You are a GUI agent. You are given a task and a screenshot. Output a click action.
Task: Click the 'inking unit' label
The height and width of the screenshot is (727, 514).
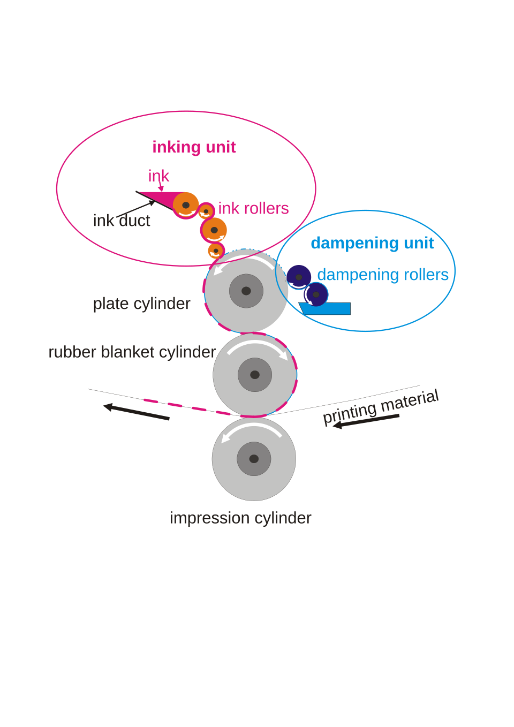click(x=194, y=147)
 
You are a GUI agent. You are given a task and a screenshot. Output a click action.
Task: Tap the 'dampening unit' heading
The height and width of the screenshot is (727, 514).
click(x=372, y=243)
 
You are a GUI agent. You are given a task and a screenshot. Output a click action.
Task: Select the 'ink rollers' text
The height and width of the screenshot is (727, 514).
click(x=253, y=208)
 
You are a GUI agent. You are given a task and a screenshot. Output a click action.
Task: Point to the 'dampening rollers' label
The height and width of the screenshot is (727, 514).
click(x=383, y=275)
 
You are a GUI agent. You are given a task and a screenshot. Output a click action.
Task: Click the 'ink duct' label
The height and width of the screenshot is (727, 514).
click(x=122, y=221)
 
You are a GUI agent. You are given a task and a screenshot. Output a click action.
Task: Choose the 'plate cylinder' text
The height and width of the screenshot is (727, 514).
click(x=141, y=304)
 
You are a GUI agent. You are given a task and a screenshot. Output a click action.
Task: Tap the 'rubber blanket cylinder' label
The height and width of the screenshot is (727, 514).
click(x=132, y=352)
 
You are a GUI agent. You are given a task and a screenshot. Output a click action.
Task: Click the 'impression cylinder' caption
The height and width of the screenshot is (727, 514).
click(x=240, y=518)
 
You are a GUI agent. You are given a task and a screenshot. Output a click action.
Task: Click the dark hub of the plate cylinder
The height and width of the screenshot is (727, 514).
click(x=246, y=291)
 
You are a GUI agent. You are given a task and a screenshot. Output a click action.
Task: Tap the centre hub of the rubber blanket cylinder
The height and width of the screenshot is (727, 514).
click(x=255, y=375)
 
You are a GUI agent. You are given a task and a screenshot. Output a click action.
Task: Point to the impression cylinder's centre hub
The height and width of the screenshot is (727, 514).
click(x=254, y=459)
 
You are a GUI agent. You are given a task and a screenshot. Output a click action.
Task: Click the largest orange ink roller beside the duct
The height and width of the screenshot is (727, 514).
click(x=186, y=205)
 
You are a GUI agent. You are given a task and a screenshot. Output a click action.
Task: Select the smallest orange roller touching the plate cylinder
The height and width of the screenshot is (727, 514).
click(x=216, y=251)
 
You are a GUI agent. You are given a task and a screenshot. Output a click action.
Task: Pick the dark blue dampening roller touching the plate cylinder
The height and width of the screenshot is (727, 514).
click(x=299, y=277)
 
